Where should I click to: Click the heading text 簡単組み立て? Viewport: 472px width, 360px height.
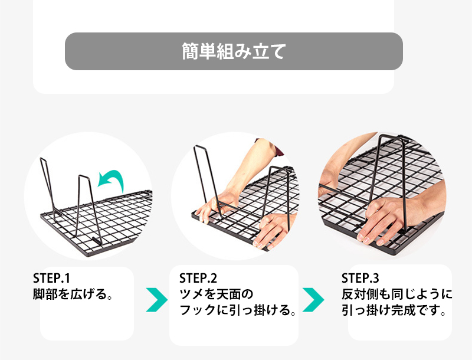click(234, 51)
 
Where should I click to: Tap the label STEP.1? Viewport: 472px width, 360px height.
click(51, 279)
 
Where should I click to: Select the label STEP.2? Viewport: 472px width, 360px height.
click(198, 279)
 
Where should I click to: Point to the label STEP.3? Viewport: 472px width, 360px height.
click(360, 279)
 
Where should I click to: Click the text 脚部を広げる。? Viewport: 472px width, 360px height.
click(73, 294)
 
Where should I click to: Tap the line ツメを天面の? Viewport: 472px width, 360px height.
click(216, 294)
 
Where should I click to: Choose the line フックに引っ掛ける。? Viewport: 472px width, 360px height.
click(238, 310)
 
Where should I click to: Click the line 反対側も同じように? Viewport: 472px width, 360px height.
click(396, 294)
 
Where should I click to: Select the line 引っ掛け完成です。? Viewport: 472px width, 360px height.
click(394, 310)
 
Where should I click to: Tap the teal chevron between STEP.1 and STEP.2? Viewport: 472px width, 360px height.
click(157, 300)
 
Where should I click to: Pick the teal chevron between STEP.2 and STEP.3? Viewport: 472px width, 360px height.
click(313, 300)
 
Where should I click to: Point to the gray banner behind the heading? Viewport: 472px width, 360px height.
click(234, 51)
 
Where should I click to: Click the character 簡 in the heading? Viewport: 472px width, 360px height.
click(190, 51)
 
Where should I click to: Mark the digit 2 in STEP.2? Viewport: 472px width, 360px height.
click(214, 279)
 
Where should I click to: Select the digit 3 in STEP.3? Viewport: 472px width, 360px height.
click(376, 279)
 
